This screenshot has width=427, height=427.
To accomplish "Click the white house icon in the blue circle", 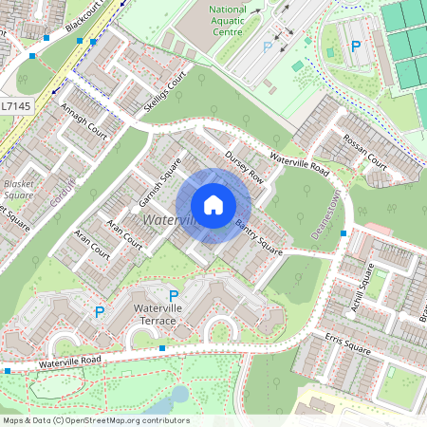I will point(213,205).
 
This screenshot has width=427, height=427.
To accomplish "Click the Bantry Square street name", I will point(259,236).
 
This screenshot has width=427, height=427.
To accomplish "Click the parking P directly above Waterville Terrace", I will point(173,296).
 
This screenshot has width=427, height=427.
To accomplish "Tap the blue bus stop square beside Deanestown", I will point(343,232).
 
